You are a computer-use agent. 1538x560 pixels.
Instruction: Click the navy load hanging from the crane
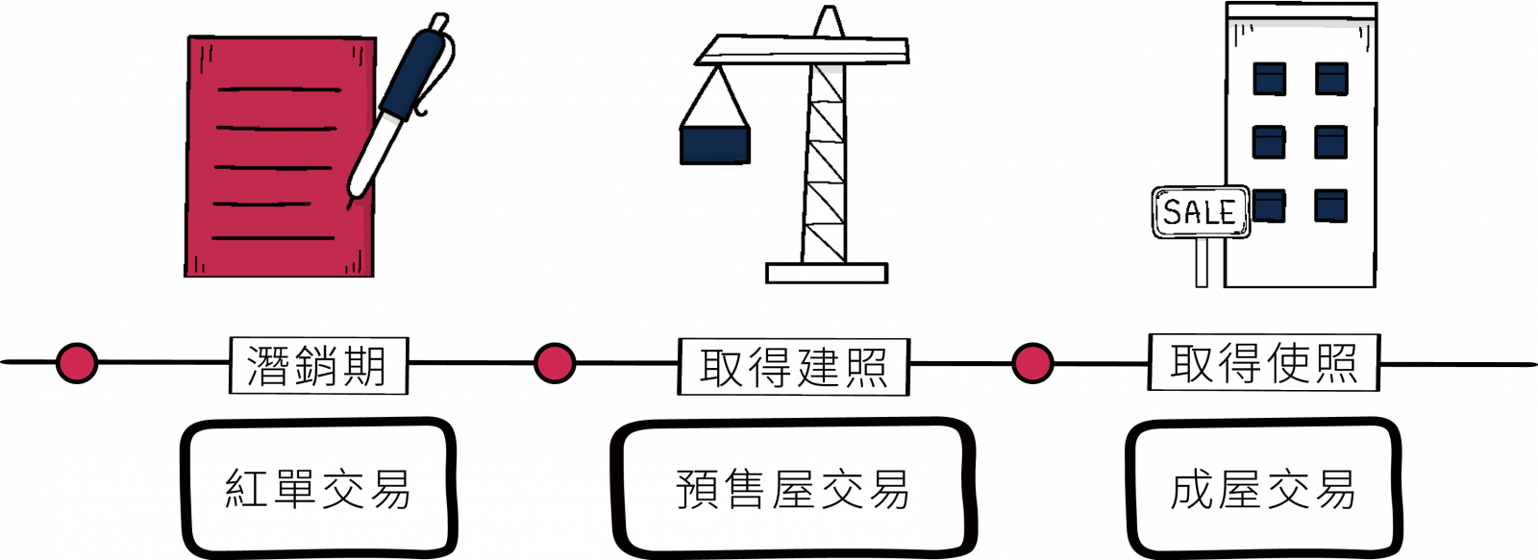coord(715,145)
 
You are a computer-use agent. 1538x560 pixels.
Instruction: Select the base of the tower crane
coord(827,273)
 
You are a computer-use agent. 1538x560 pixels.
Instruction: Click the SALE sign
coord(1201,211)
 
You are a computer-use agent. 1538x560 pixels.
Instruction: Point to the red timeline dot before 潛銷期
coord(77,363)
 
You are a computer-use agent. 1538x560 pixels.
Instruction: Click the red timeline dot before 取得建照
coord(555,364)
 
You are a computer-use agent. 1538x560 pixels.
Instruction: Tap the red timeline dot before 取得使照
coord(1032,364)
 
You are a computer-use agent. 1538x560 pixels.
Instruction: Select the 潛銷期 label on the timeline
coord(318,365)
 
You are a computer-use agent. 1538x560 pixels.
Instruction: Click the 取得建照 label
coord(793,366)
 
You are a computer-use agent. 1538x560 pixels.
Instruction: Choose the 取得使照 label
coord(1263,362)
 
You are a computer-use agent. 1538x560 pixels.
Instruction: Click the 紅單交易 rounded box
coord(318,488)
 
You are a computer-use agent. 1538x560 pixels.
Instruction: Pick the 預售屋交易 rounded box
coord(793,489)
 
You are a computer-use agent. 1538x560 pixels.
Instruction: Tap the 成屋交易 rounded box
coord(1263,489)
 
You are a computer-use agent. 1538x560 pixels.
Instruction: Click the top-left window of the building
coord(1269,79)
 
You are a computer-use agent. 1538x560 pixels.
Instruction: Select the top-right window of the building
coord(1331,79)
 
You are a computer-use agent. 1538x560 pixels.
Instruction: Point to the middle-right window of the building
coord(1331,142)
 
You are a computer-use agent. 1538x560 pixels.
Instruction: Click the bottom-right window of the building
coord(1331,206)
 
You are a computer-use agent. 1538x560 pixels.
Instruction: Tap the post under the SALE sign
coord(1202,262)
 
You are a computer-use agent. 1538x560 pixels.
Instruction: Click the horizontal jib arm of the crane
coord(803,49)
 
